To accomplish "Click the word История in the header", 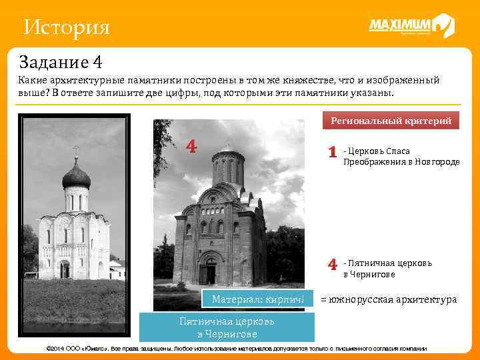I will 65,27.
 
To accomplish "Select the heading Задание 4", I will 61,63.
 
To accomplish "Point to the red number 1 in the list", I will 332,153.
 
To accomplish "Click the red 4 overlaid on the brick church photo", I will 191,146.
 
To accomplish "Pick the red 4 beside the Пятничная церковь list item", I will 332,265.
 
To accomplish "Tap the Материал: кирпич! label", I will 258,299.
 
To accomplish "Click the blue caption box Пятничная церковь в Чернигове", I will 227,327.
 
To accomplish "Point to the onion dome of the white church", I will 75,176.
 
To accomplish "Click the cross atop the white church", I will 75,150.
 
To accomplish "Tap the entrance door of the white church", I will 65,270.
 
